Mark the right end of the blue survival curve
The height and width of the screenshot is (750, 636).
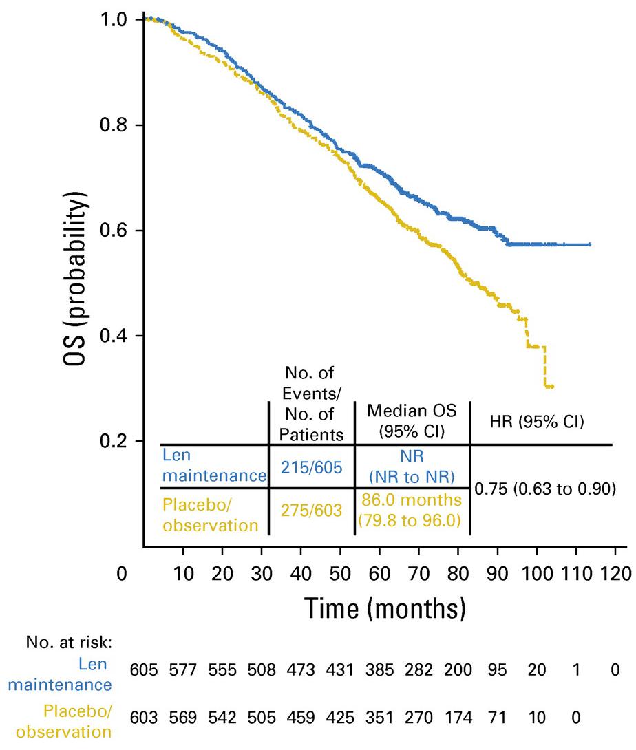coord(590,244)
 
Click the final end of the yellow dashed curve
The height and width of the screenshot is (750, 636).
coord(552,387)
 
